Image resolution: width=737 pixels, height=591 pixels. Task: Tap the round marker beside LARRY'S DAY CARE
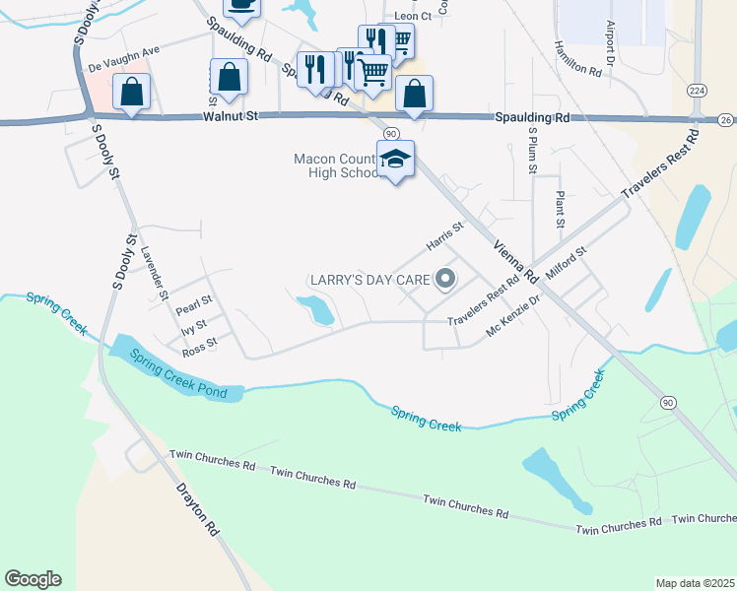click(444, 281)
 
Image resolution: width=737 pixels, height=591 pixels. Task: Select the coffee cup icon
click(242, 5)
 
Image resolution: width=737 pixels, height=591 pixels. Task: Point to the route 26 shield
click(726, 119)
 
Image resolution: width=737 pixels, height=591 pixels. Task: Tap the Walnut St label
click(231, 116)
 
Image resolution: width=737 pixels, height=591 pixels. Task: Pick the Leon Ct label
click(412, 17)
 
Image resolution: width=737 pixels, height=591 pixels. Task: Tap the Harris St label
click(444, 236)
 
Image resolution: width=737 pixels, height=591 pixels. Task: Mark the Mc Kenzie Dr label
click(514, 317)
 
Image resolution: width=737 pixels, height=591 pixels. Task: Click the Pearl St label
click(194, 300)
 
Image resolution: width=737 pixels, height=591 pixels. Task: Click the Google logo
click(33, 579)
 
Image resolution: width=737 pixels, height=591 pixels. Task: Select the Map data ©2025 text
click(694, 583)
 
